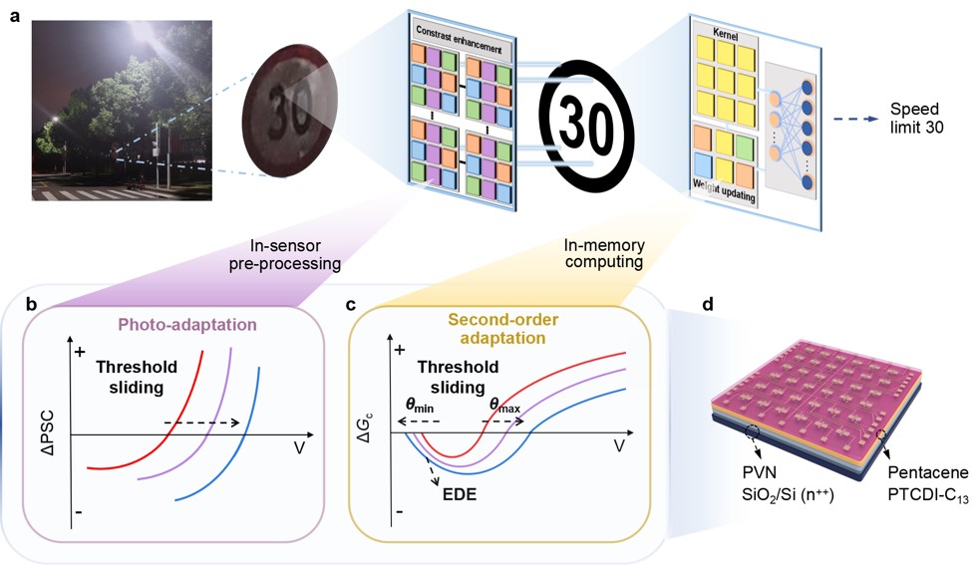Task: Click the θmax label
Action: point(504,405)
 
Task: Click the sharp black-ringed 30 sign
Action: point(587,125)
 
